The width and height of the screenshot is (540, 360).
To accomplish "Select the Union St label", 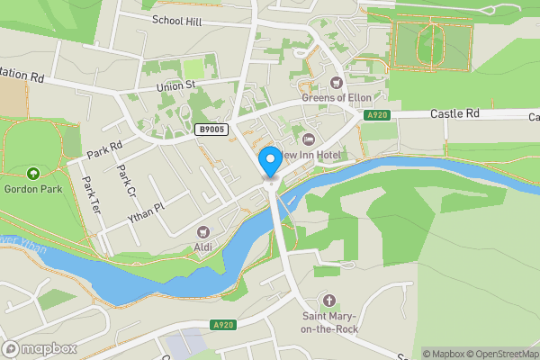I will point(175,85).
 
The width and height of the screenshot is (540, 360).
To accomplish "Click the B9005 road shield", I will point(211,130).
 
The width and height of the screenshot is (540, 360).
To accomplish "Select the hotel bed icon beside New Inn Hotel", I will point(309,139).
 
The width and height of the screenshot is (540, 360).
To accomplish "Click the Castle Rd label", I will point(457,114).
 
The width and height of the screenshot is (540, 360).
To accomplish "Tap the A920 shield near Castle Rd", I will point(377,115).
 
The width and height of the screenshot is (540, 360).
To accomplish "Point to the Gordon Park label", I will point(33,188).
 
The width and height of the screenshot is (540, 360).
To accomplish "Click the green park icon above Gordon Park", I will point(33,173).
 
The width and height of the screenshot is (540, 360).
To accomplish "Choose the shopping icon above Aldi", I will point(202,232).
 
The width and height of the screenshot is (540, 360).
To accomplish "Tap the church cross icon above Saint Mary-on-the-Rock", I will point(330,301).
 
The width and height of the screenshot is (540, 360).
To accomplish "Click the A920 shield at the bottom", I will point(224,325).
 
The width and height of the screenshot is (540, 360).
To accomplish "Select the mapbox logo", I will point(40,348).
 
